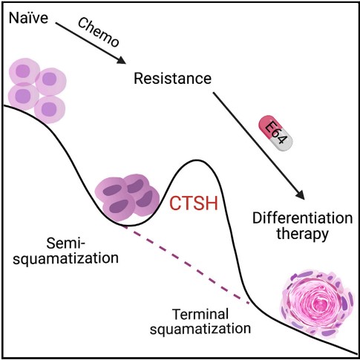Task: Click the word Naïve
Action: (x=28, y=18)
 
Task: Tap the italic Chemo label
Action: (x=99, y=33)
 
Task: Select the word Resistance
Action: (x=173, y=78)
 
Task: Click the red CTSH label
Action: (x=194, y=203)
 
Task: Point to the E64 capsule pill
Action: (x=275, y=133)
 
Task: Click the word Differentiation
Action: (x=302, y=218)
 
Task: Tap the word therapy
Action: (x=302, y=234)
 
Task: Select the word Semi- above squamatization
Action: (x=65, y=243)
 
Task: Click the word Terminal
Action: (x=200, y=314)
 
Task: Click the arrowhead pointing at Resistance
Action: (x=122, y=60)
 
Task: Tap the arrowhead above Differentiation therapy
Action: (x=300, y=194)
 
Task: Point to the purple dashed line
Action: (x=186, y=264)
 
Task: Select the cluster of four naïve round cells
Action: (x=37, y=91)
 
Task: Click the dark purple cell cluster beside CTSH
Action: (x=128, y=197)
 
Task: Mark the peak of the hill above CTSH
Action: (x=197, y=160)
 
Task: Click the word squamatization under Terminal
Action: (x=200, y=329)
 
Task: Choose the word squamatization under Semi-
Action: (x=65, y=258)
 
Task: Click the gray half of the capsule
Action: (x=284, y=142)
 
